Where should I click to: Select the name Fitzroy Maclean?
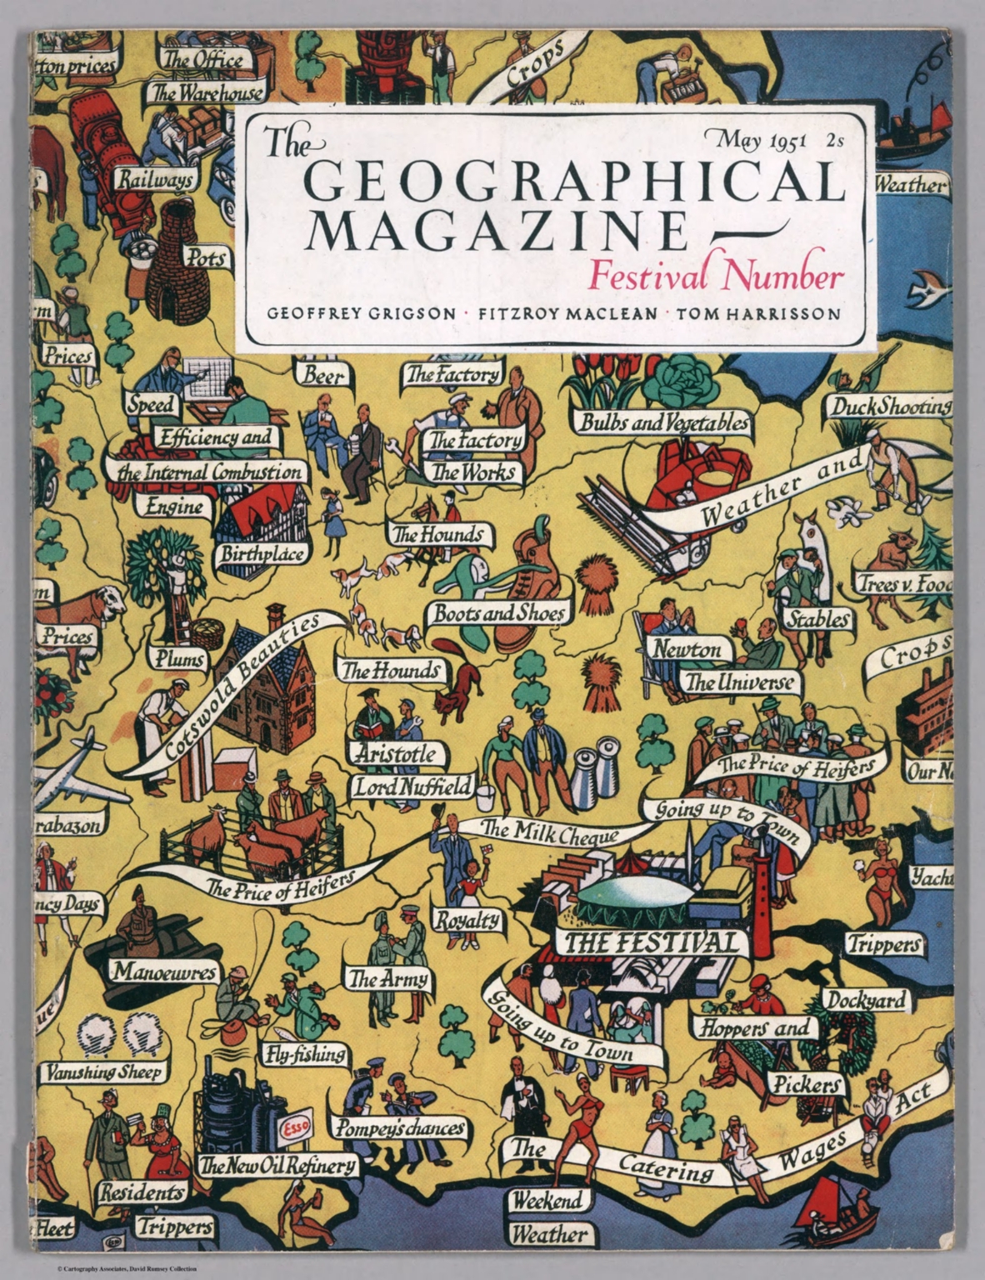tap(565, 314)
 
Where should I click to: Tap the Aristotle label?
tap(396, 754)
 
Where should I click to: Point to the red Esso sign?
tap(296, 1129)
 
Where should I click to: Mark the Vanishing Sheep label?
tap(104, 1072)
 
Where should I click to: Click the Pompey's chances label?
tap(401, 1128)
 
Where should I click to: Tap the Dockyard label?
tap(866, 1000)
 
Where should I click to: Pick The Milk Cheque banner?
tap(550, 832)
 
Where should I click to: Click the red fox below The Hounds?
tap(459, 687)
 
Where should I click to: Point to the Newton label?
tap(687, 648)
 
